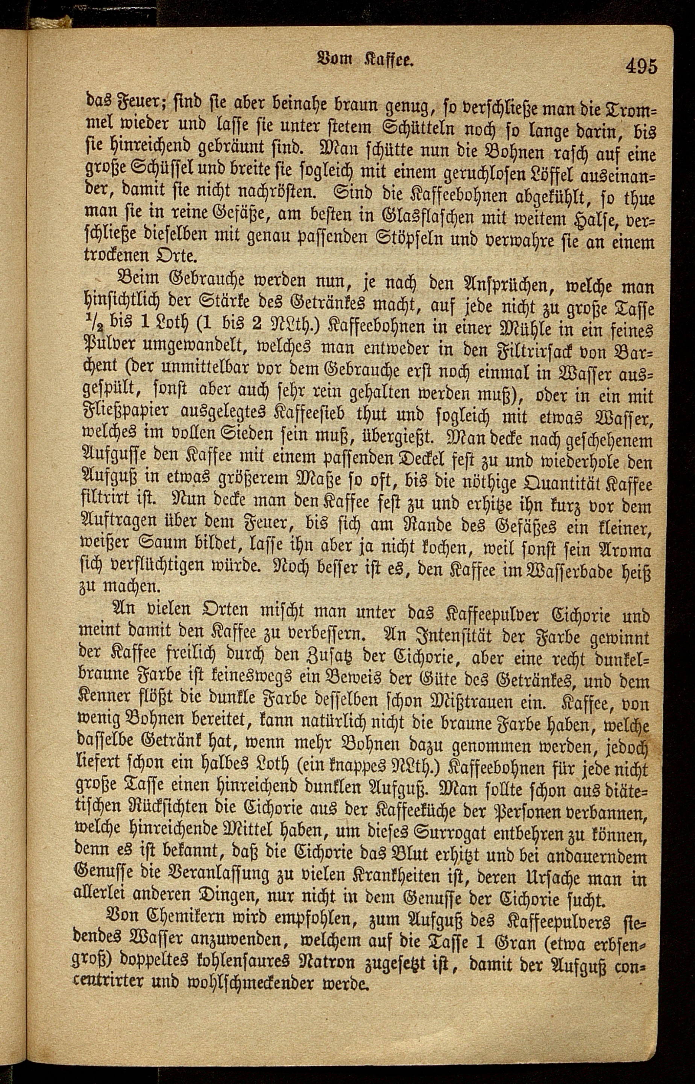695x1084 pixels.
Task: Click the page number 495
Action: tap(641, 66)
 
